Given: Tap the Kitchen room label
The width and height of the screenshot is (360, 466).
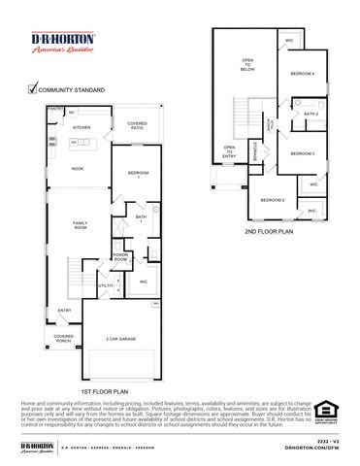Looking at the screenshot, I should coord(82,127).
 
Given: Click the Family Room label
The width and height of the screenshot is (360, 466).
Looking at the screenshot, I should coord(81,225).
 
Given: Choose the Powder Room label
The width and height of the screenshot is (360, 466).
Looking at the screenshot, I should coord(120,257).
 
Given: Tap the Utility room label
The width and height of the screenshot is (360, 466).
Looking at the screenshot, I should coord(105,285).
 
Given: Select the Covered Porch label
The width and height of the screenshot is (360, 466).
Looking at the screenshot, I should coord(64,339).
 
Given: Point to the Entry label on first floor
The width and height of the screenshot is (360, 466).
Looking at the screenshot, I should coord(64,311).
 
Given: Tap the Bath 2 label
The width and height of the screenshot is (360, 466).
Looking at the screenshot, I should coord(311,114).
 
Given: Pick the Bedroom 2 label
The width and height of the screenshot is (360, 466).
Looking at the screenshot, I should coord(272,200).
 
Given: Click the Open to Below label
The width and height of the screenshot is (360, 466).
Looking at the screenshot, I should coord(247,65).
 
